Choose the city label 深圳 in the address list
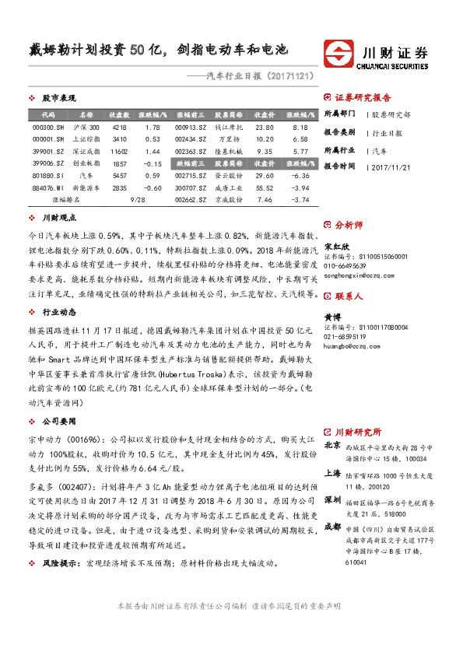pos(331,498)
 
